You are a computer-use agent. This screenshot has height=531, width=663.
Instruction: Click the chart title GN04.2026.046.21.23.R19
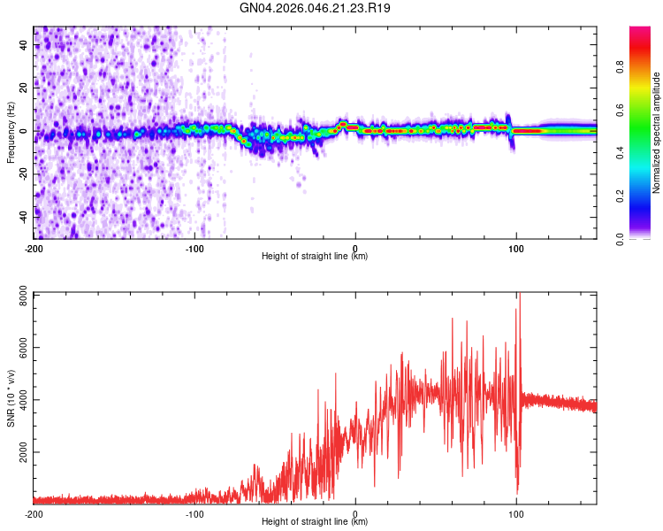(x=316, y=8)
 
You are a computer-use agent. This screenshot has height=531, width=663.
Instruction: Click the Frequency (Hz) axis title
(x=11, y=134)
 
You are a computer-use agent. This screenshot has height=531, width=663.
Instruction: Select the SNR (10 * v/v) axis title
(x=11, y=398)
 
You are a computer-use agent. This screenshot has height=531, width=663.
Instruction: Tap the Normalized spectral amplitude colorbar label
(x=656, y=133)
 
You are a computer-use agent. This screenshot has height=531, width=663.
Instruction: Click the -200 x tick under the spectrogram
(x=34, y=247)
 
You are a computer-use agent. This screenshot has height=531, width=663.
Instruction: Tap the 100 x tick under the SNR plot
(x=516, y=513)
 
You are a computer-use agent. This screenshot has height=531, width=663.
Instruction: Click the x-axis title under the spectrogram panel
(x=315, y=257)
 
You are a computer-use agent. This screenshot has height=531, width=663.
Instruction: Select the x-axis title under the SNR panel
(x=315, y=522)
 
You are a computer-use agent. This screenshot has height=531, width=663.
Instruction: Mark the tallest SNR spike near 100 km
(x=520, y=296)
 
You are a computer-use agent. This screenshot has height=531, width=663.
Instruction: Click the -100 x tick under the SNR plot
(x=194, y=513)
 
